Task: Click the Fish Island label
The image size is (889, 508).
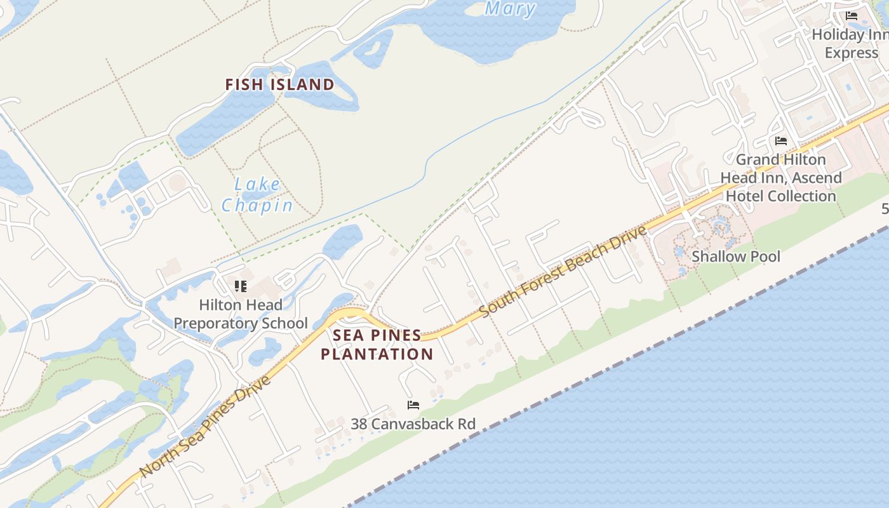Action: tap(280, 84)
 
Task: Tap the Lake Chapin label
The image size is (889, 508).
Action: tap(257, 194)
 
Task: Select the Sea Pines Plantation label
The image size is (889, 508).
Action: tap(377, 344)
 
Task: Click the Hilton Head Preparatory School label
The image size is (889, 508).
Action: tap(241, 314)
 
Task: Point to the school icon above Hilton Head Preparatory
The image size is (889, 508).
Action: tap(240, 286)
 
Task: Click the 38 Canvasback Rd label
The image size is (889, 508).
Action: tap(413, 424)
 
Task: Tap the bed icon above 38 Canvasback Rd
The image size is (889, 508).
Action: tap(413, 404)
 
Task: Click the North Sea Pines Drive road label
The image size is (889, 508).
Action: tap(205, 427)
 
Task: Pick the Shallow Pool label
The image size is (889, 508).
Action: tap(735, 257)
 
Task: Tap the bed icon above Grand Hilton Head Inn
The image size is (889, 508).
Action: tap(780, 140)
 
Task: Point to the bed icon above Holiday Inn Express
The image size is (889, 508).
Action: tap(851, 15)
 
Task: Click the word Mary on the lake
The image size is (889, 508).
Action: tap(510, 9)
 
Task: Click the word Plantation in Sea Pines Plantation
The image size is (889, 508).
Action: tap(377, 354)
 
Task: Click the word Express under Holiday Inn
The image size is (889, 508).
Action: tap(851, 53)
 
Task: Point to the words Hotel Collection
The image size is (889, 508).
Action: tap(780, 196)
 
